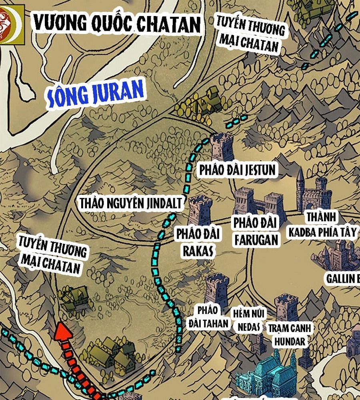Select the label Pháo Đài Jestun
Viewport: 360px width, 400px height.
click(x=238, y=170)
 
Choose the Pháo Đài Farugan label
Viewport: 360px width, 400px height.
click(x=256, y=231)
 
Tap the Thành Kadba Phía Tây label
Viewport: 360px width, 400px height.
click(x=322, y=225)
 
